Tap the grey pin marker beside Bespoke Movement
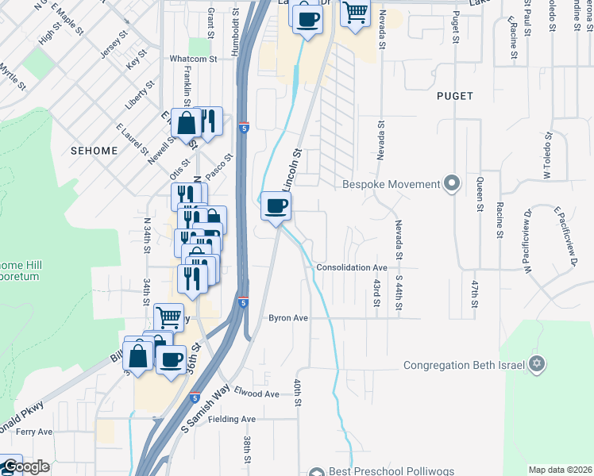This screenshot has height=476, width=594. click(x=452, y=184)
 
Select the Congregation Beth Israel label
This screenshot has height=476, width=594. click(x=465, y=366)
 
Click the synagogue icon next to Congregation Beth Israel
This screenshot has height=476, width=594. click(x=538, y=364)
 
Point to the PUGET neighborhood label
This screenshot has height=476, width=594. click(x=454, y=96)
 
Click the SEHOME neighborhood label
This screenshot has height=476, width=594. click(x=94, y=150)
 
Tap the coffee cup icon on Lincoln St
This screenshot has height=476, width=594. click(x=276, y=206)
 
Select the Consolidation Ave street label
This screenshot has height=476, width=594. click(x=352, y=268)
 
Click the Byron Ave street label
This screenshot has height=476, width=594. click(x=287, y=317)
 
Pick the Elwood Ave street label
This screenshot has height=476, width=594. click(x=256, y=393)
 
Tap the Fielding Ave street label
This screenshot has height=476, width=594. click(x=233, y=419)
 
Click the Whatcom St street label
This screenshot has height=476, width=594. click(x=193, y=59)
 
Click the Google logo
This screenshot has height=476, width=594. click(x=25, y=467)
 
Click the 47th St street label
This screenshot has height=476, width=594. click(x=474, y=293)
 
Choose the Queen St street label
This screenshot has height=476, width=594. click(x=480, y=194)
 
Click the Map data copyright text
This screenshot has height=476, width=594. click(x=560, y=470)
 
